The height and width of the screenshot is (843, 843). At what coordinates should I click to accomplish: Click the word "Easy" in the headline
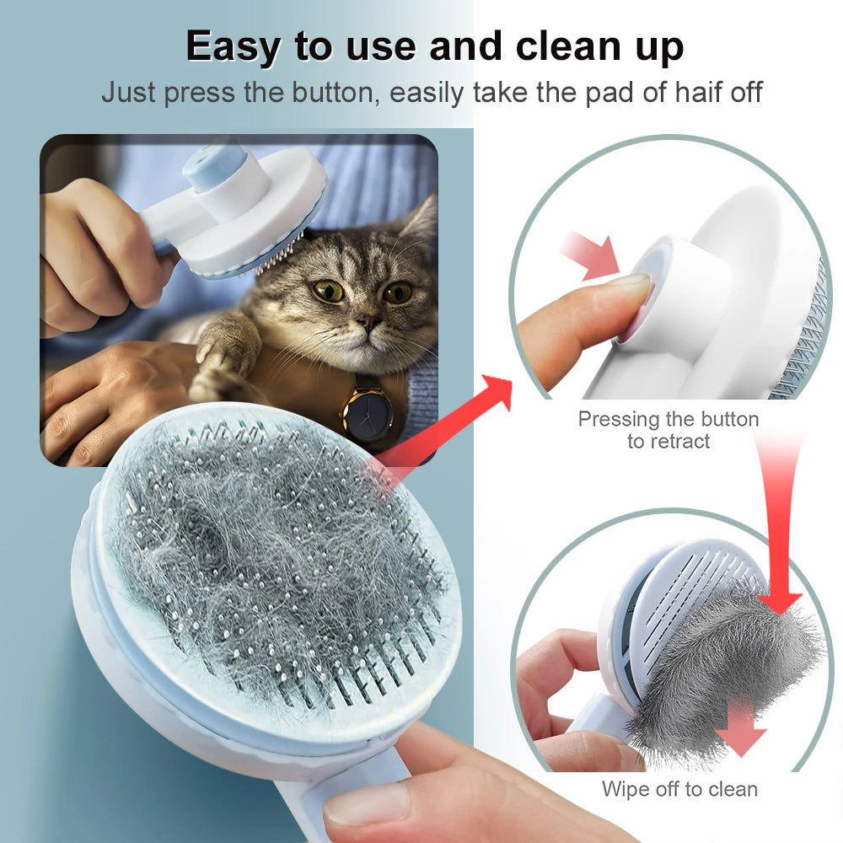(231, 48)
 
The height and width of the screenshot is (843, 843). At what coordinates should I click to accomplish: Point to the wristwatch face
(367, 414)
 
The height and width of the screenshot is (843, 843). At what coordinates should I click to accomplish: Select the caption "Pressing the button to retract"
(668, 430)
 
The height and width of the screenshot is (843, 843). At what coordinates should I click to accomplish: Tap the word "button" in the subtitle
(333, 92)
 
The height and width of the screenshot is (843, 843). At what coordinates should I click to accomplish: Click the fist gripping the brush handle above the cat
(93, 244)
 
